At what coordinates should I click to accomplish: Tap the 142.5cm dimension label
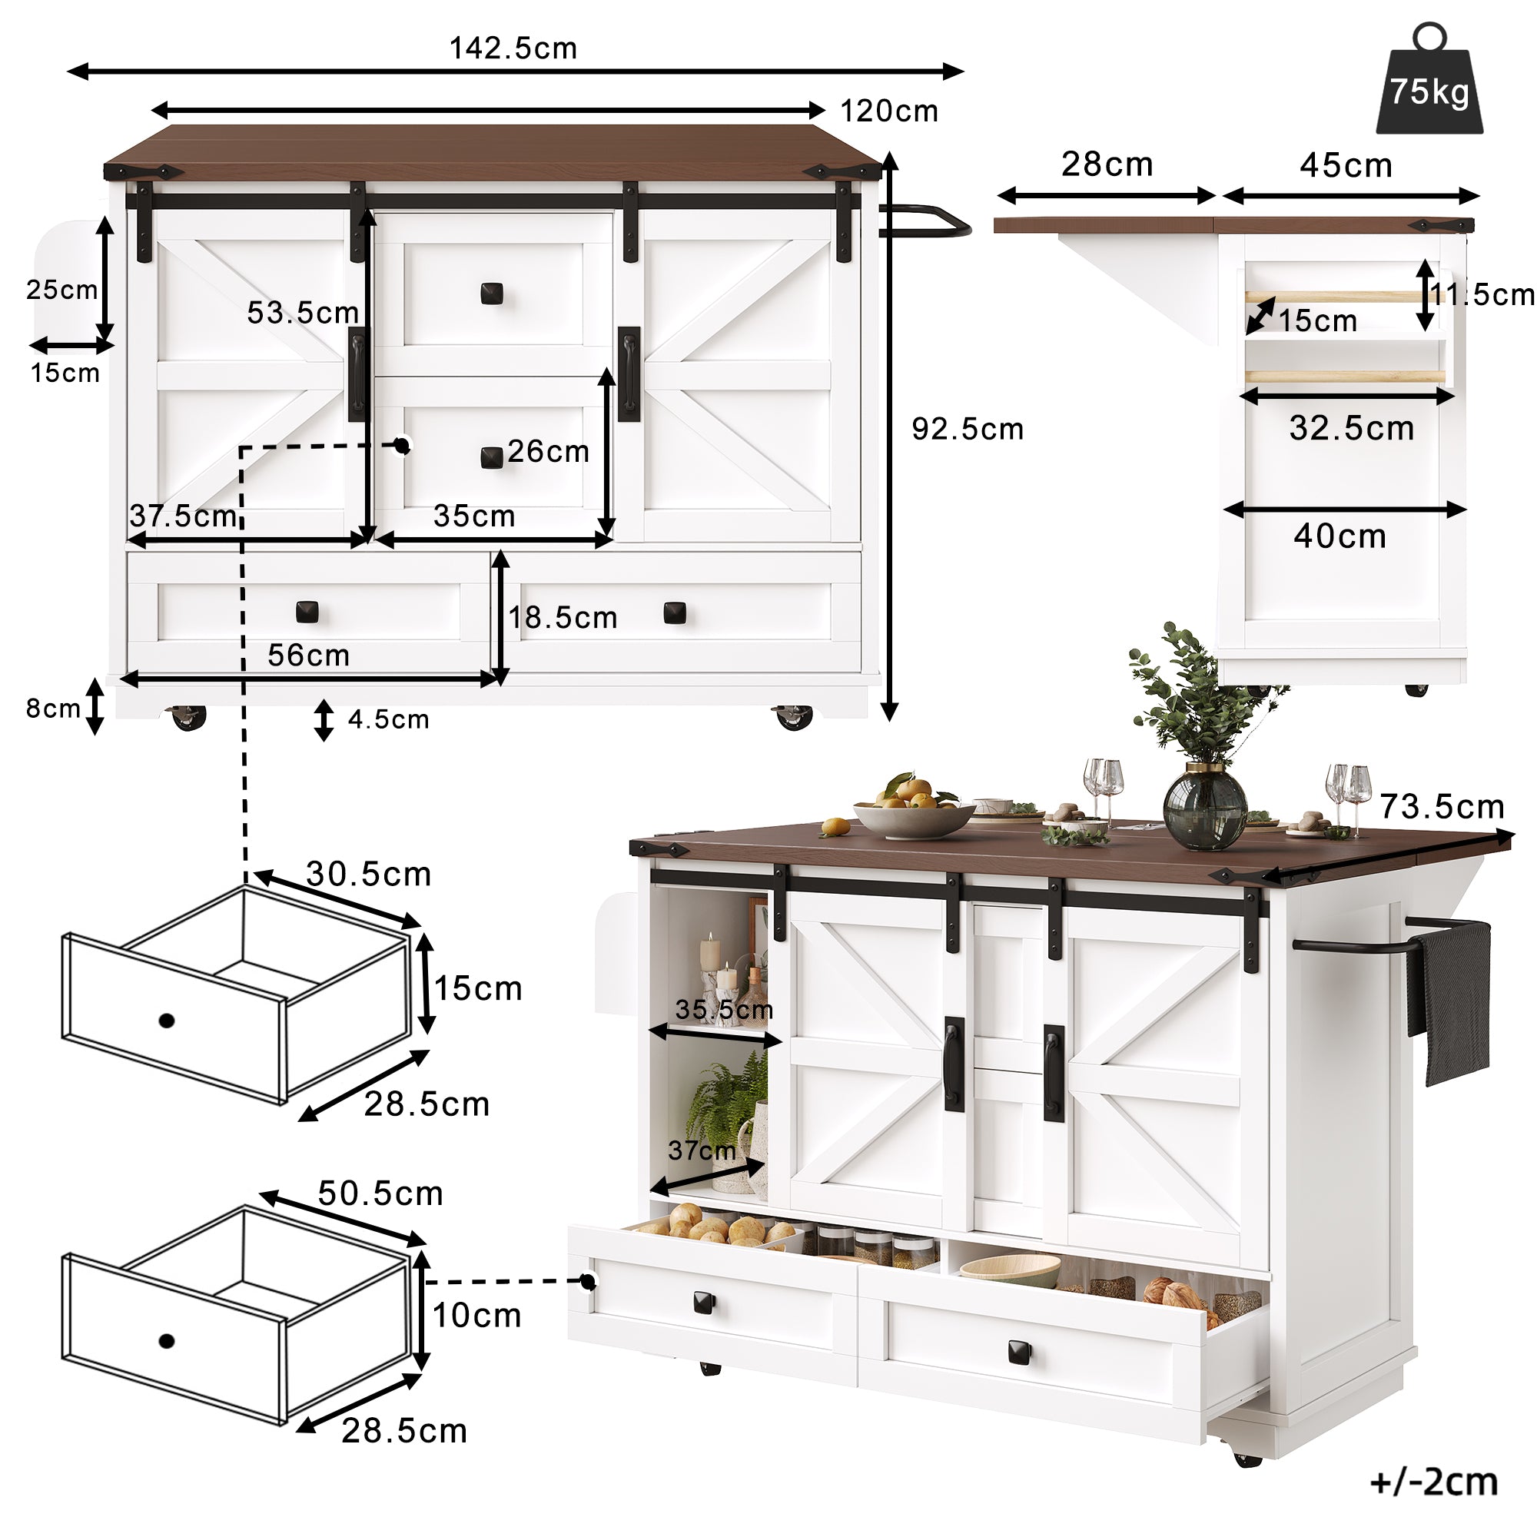pos(513,48)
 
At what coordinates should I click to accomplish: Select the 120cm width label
pos(889,111)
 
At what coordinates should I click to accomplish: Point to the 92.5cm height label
pos(968,430)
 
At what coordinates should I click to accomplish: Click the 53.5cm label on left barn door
pos(302,313)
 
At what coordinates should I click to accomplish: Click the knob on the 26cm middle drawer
pos(493,457)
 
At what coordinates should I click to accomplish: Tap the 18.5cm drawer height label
pos(563,618)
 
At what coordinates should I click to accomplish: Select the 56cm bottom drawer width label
pos(309,656)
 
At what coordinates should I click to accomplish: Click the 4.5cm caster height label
pos(388,720)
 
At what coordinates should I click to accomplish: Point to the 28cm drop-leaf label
pos(1107,164)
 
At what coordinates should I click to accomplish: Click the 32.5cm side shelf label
pos(1352,429)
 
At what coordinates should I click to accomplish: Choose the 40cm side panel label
pos(1339,536)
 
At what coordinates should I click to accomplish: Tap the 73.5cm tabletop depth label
pos(1442,807)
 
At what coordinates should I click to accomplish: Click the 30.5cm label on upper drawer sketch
pos(368,875)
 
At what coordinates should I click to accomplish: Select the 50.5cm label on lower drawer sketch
pos(380,1193)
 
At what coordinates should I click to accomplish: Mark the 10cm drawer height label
pos(476,1316)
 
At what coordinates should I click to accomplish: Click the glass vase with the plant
pos(1204,808)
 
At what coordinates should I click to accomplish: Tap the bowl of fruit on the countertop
pos(913,812)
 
